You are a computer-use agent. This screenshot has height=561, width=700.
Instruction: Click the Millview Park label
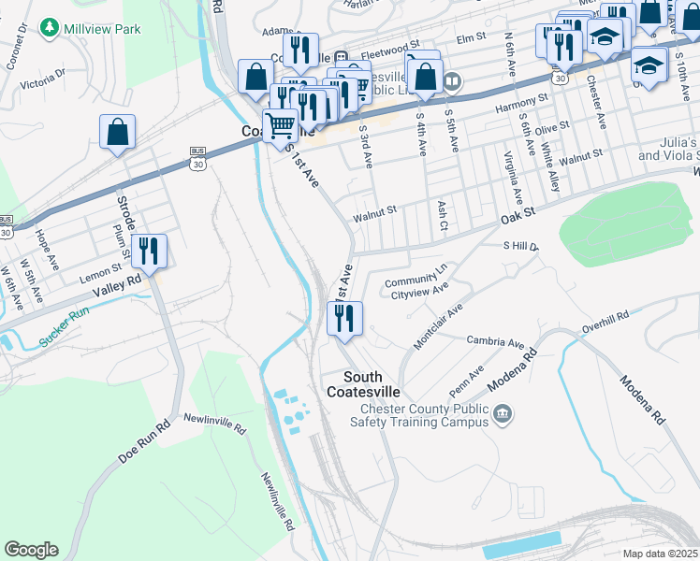point(102,29)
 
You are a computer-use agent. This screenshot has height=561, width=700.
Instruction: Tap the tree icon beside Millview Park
point(50,28)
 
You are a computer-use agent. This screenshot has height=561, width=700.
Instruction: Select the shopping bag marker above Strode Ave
point(117,133)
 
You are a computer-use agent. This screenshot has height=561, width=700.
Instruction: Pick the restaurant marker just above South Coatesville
point(344,319)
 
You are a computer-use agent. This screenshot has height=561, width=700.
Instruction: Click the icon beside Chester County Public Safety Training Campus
point(503,413)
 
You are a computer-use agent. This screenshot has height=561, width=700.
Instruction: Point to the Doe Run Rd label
point(144,441)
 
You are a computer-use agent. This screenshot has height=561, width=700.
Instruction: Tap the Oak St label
point(517,214)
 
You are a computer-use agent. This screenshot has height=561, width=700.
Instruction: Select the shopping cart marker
point(280,124)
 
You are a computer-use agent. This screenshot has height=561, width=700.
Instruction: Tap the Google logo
point(31,550)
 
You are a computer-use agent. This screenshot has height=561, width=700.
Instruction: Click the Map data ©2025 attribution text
point(660,554)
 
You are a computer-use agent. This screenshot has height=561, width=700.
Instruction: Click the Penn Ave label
point(465,381)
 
